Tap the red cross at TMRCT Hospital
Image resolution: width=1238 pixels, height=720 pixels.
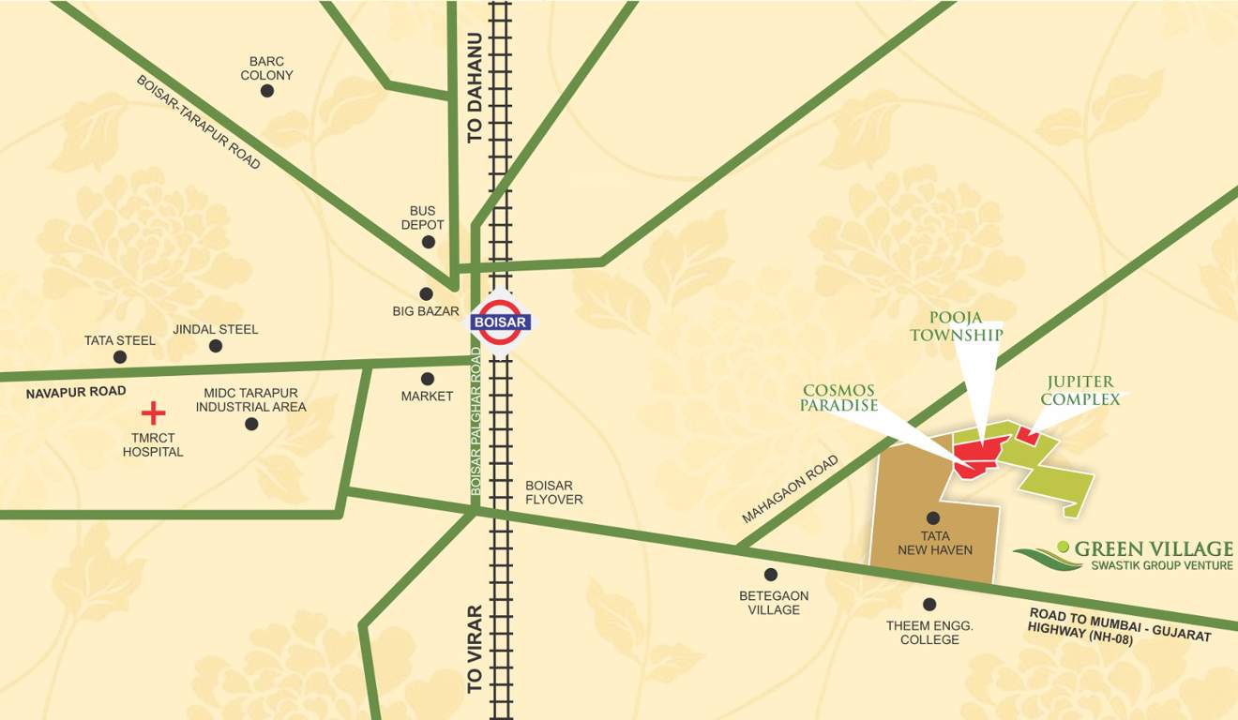point(153,412)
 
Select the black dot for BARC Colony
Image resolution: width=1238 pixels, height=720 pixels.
point(267,91)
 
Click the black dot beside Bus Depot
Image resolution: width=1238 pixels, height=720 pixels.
point(429,242)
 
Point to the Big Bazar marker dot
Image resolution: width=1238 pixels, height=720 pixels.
point(426,293)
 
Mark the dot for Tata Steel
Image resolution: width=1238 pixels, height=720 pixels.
point(120,357)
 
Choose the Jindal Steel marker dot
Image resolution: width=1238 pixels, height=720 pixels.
point(216,346)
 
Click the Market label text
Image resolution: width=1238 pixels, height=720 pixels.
point(427,397)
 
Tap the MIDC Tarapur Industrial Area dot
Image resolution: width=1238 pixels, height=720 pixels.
point(251,424)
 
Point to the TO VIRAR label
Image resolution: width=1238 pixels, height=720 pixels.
point(476,649)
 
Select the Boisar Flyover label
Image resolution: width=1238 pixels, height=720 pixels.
point(553,492)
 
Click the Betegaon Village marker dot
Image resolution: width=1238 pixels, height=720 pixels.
point(771,575)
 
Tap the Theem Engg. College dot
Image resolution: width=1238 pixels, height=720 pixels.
point(929,605)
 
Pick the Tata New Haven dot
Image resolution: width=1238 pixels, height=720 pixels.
point(933,517)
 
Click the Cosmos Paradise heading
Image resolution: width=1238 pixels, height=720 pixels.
point(838,397)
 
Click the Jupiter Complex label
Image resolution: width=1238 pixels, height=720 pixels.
point(1080,390)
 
